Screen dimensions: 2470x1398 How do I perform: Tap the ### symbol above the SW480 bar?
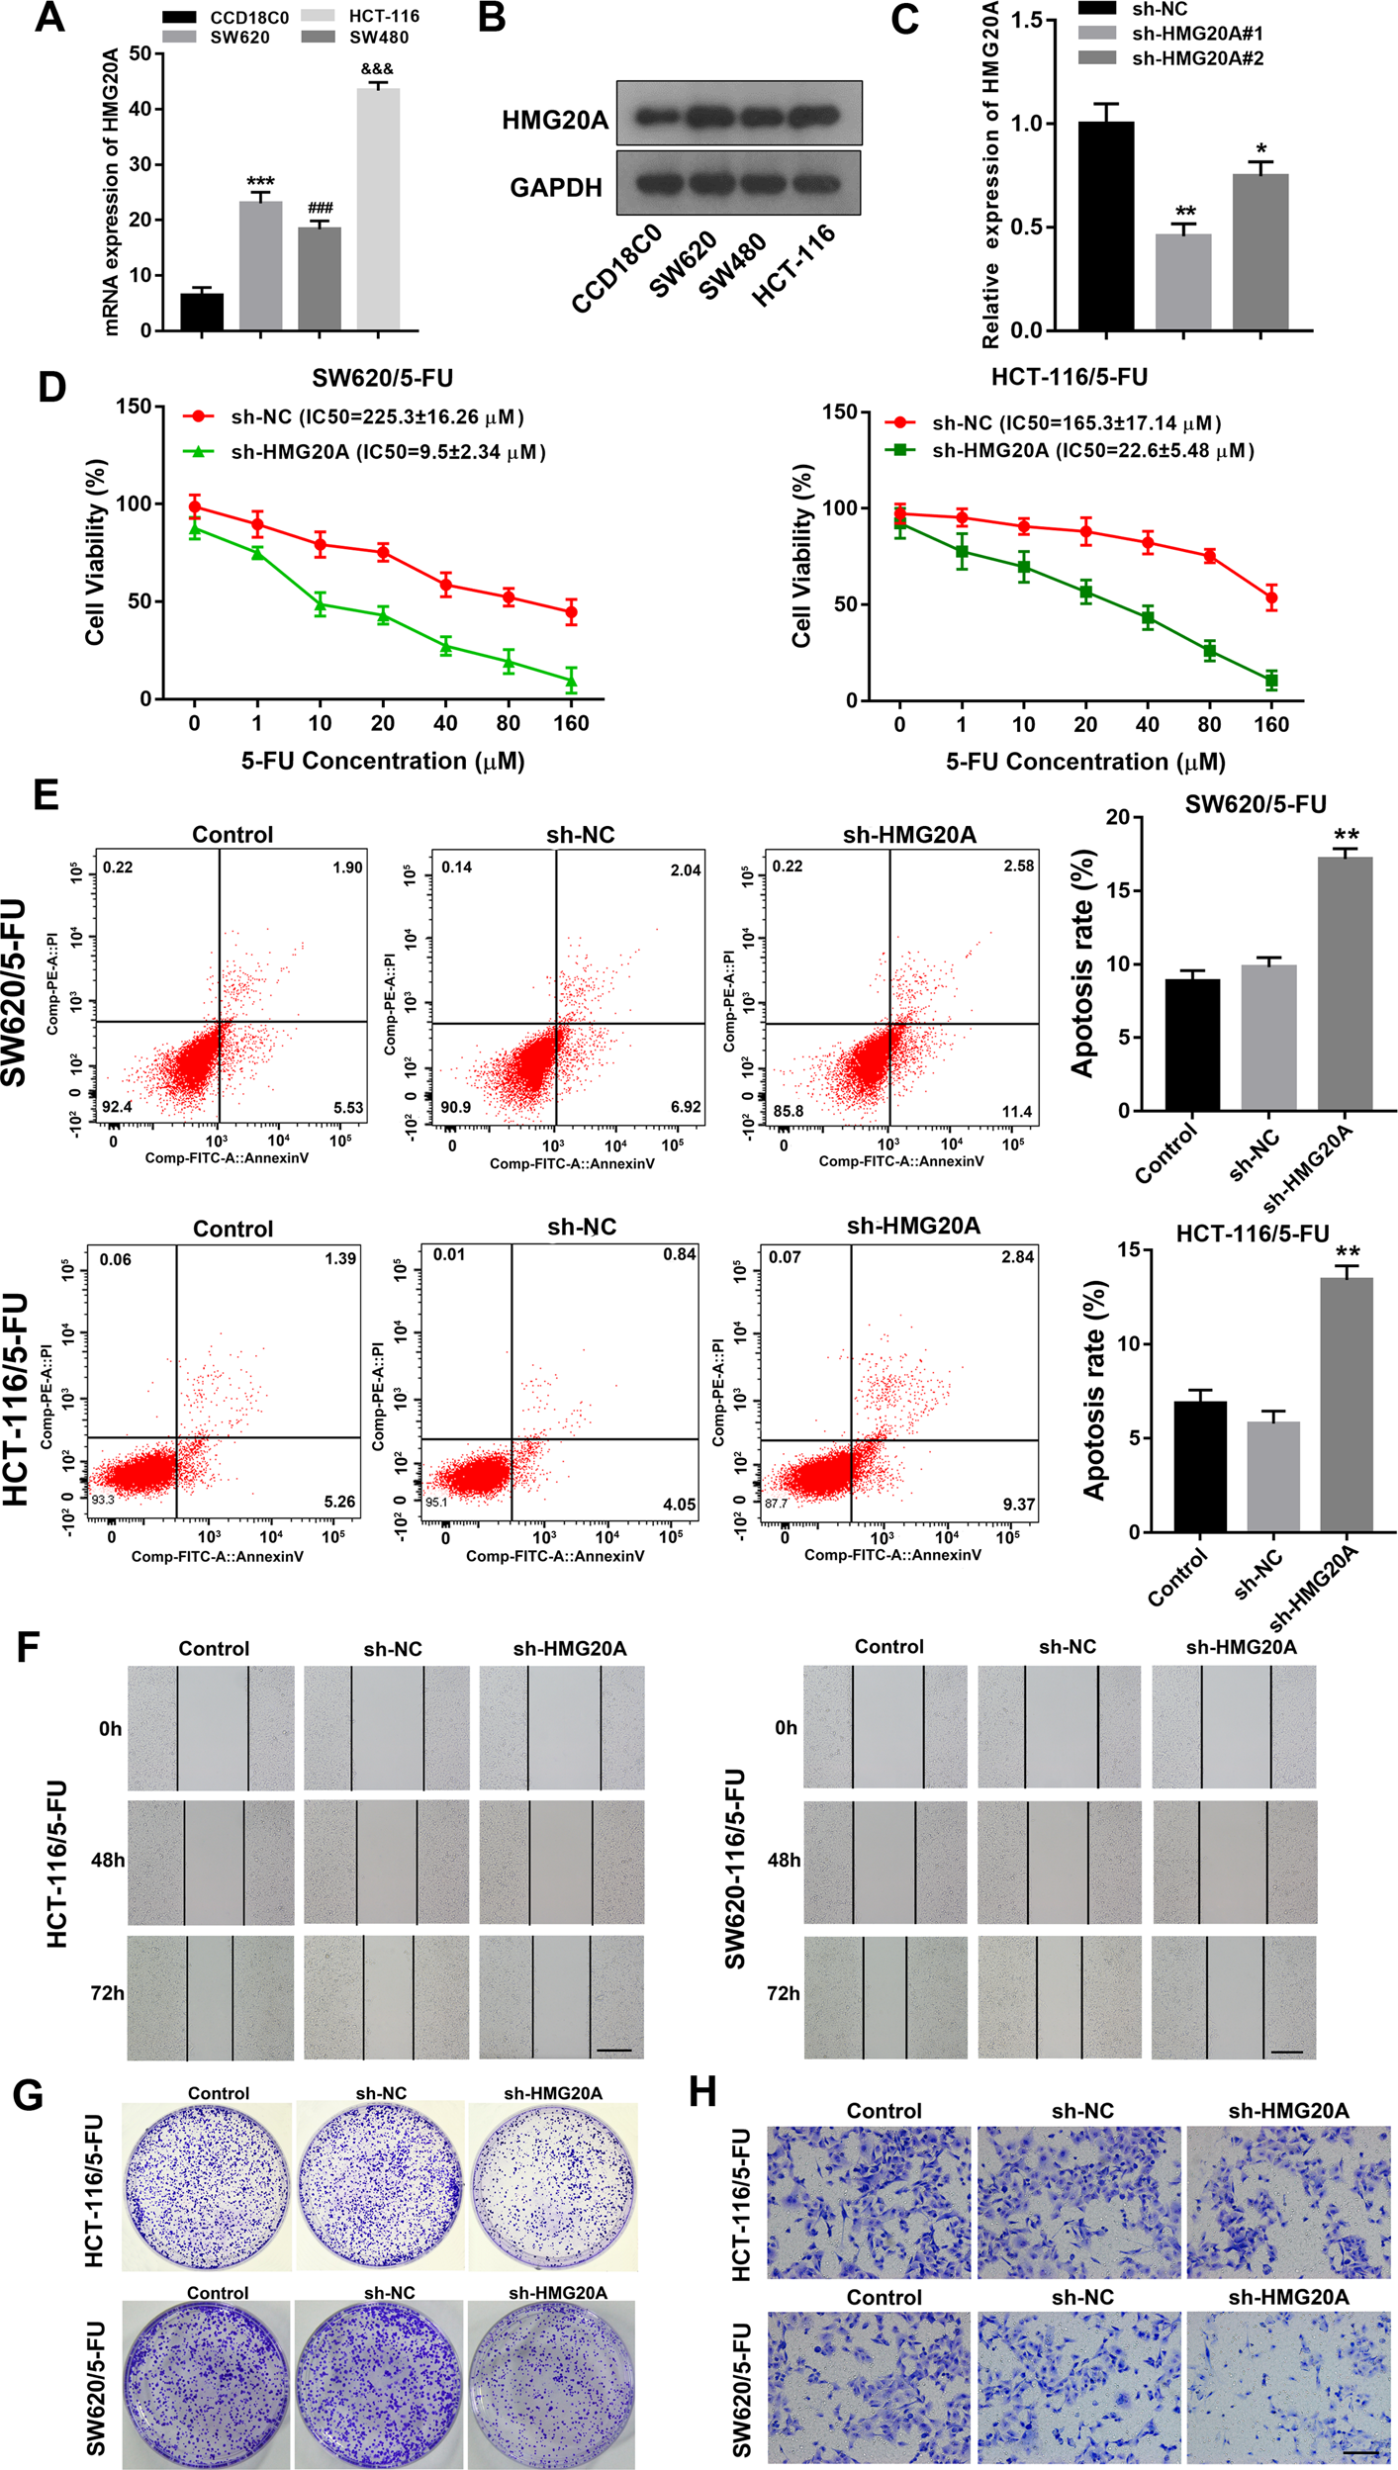coord(320,208)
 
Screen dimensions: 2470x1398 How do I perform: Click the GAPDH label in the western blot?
coord(555,187)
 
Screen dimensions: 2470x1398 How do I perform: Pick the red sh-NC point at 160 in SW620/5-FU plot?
coord(571,613)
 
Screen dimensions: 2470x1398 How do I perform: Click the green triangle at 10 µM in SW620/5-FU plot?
coord(320,605)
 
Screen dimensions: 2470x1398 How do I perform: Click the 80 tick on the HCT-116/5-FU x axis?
coord(1209,725)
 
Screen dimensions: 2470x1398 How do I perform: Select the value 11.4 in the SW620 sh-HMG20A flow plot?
coord(1017,1112)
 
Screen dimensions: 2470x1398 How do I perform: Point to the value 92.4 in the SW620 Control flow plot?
coord(117,1107)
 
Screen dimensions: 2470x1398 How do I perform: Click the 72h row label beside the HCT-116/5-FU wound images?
coord(107,1993)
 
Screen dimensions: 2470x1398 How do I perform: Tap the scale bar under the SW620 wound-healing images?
coord(1286,2053)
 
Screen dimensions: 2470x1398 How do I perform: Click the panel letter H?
coord(702,2093)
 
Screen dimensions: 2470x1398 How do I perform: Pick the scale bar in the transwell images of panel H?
coord(1360,2445)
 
